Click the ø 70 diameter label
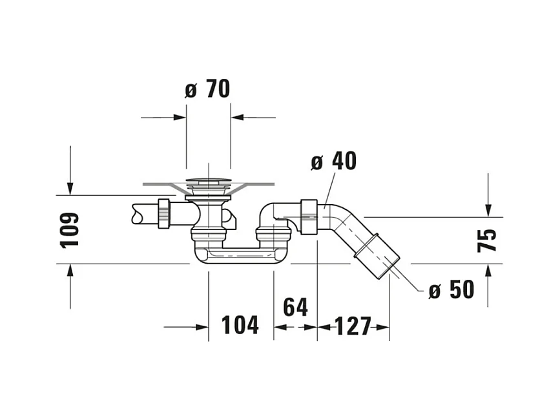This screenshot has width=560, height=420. point(207,89)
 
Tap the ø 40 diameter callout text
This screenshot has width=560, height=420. point(333,161)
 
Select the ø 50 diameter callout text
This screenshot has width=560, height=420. point(451,289)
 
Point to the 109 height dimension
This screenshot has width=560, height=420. point(69,231)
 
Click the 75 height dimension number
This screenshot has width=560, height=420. point(487,241)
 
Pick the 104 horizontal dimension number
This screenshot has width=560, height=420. point(240,326)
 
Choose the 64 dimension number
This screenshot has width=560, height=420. point(295,307)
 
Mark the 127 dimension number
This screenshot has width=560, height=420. point(353,326)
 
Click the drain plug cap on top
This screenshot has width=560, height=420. point(208,181)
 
